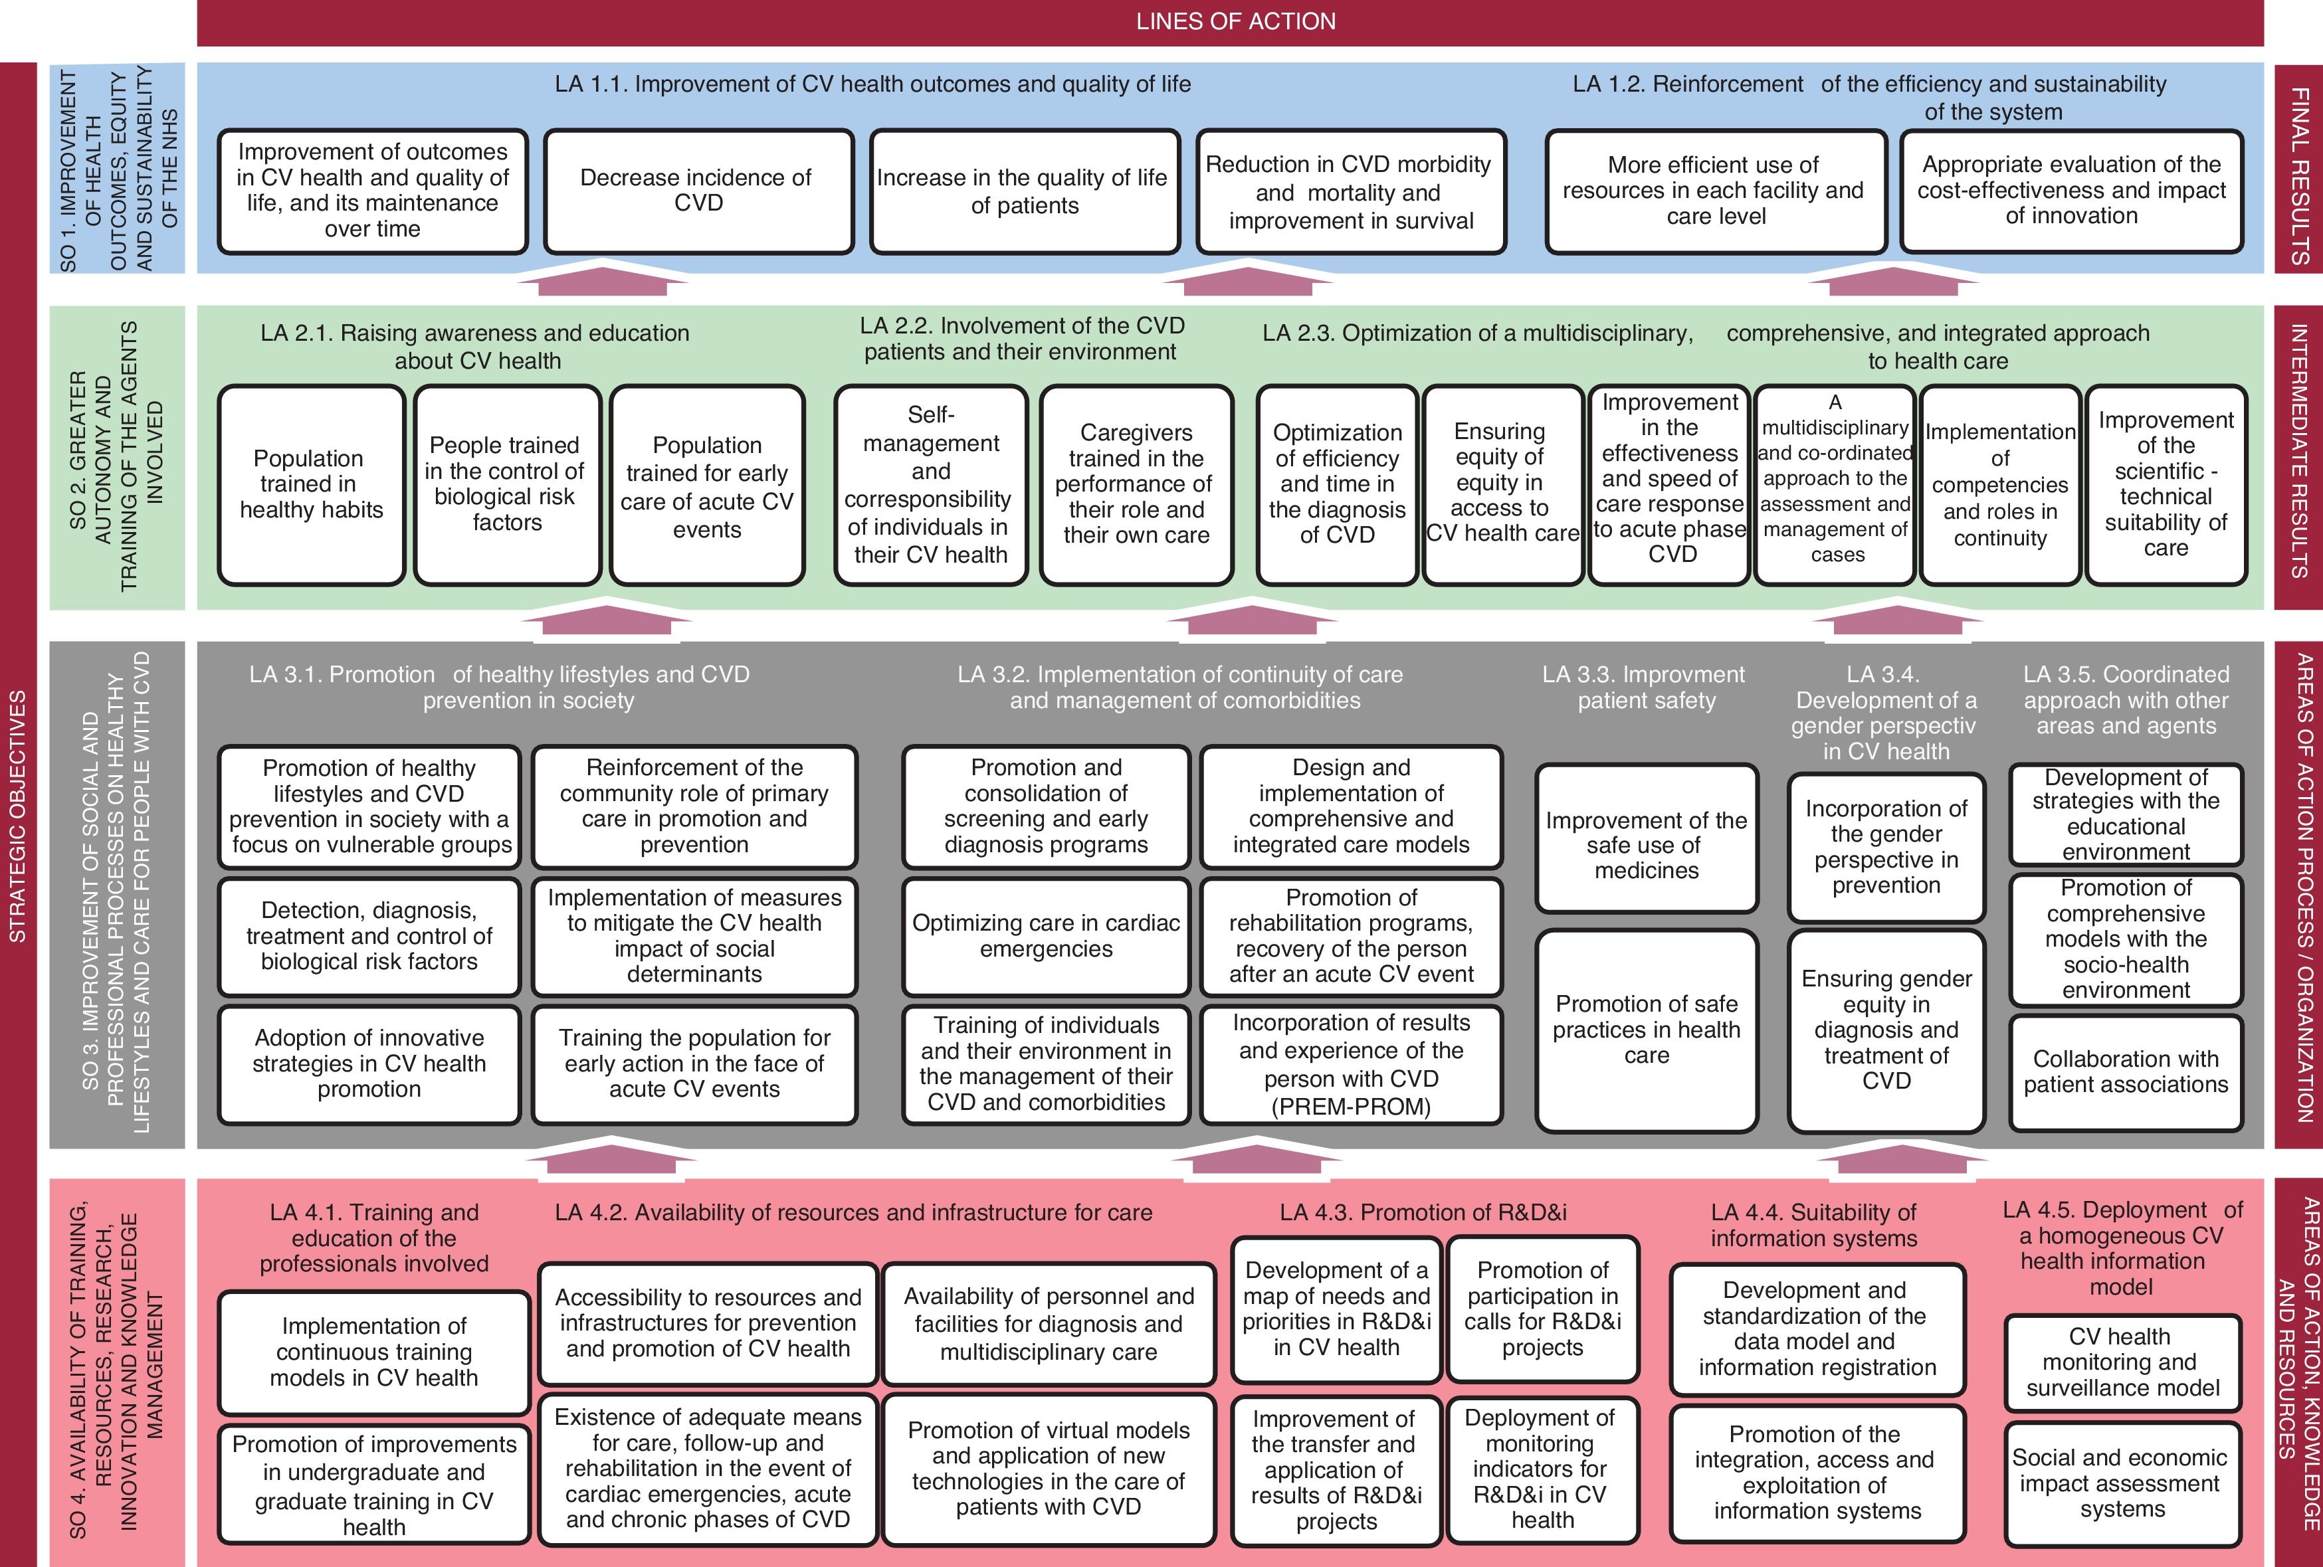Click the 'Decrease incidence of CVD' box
[698, 190]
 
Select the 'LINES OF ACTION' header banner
[1235, 21]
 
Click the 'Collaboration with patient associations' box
[2126, 1072]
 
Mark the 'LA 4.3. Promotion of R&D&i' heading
[1423, 1212]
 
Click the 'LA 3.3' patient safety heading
[1645, 688]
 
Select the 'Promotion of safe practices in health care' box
[1647, 1030]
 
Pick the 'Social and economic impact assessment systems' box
[2123, 1484]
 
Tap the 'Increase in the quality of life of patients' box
[1023, 191]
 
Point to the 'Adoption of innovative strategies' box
[369, 1064]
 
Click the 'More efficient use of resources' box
[1714, 190]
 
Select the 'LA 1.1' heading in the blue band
[872, 84]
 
